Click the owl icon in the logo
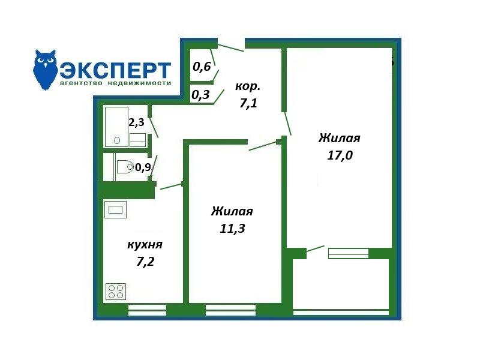[x=45, y=70]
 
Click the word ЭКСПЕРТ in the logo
[x=115, y=70]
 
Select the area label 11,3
[x=232, y=229]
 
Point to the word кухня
[x=145, y=245]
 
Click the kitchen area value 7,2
[x=145, y=262]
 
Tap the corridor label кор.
[x=248, y=87]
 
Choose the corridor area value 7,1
[x=248, y=103]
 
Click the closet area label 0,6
[x=202, y=67]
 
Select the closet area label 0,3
[x=200, y=95]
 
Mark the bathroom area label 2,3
[x=136, y=122]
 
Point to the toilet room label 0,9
[x=143, y=167]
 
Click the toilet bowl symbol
[x=125, y=167]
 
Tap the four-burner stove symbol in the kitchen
[x=116, y=292]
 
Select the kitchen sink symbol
[x=115, y=209]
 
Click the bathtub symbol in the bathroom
[x=116, y=127]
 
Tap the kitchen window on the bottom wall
[x=147, y=310]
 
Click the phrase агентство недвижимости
[x=115, y=83]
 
